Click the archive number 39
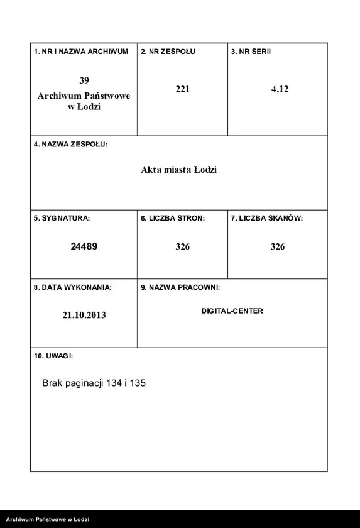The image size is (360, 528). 84,80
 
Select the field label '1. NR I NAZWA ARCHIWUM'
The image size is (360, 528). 81,52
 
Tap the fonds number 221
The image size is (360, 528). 182,89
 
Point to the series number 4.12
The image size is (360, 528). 280,89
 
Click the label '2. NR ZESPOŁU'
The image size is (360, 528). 168,52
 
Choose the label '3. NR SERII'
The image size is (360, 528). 251,52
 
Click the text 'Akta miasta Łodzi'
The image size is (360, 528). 178,170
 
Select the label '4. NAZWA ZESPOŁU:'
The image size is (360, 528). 70,145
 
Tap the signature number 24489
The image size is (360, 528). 84,246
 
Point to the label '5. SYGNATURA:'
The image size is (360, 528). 62,218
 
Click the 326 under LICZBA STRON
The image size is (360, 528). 182,247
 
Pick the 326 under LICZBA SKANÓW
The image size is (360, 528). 278,247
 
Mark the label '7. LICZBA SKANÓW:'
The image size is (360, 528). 267,218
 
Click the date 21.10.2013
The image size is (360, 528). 84,315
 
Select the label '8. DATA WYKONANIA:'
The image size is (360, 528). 73,287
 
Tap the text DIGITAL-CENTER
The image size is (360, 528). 232,311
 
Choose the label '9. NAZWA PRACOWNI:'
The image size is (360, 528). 180,287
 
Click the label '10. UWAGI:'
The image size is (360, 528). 53,356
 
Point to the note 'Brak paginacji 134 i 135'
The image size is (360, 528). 94,383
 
